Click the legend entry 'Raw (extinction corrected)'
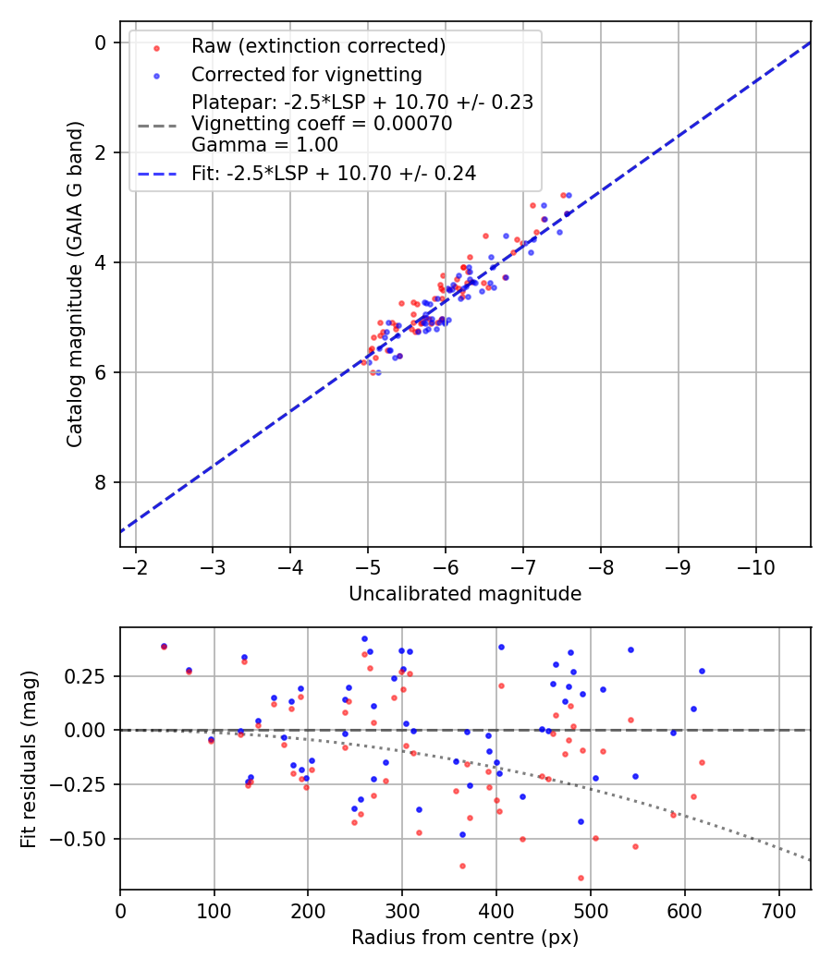point(318,46)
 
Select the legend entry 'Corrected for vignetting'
point(306,75)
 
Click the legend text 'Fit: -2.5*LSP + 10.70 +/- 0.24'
point(334,174)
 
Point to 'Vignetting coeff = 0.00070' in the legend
point(322,124)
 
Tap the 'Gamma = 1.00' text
point(264,145)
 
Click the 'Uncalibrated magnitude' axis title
point(465,594)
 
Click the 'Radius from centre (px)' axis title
point(465,938)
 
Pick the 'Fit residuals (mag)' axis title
point(29,758)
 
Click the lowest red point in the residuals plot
point(581,878)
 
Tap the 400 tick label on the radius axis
point(496,911)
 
